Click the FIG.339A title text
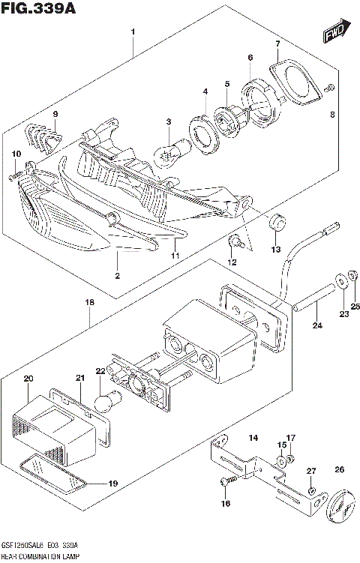point(37,10)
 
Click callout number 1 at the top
point(133,32)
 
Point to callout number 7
point(277,45)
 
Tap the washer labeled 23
point(343,280)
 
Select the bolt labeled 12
point(234,241)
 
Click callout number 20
point(28,377)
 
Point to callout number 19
point(114,484)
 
